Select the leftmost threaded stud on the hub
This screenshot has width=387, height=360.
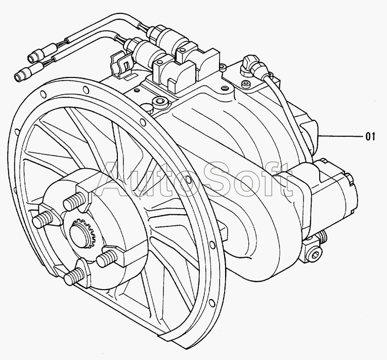coord(41,219)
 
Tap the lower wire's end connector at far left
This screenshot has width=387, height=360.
coord(22,74)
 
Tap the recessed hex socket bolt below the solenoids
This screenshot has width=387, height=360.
coord(159,105)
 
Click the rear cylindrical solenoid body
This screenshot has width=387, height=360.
coord(167,36)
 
